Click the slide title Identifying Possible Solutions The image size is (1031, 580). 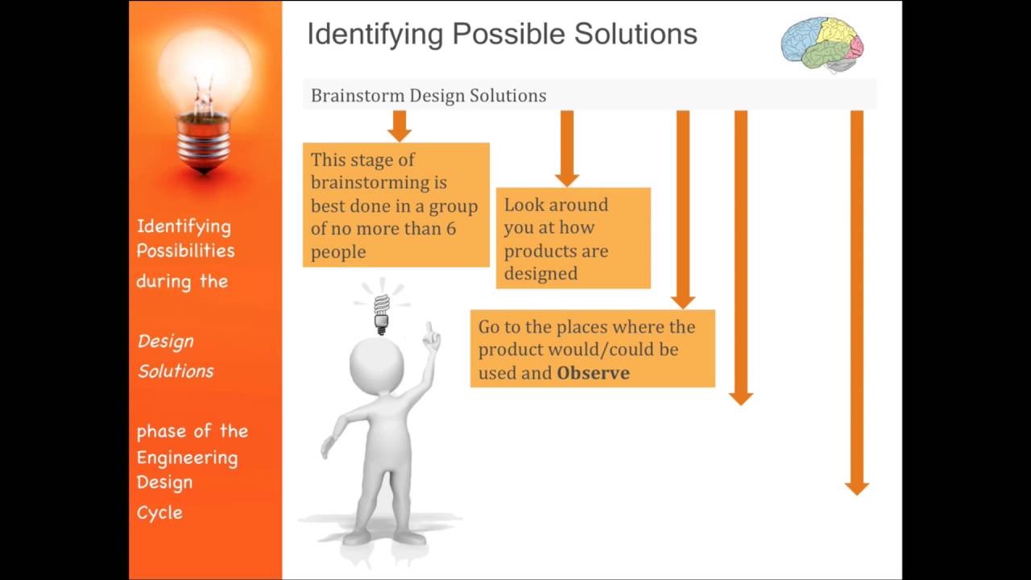point(502,35)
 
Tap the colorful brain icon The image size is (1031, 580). point(822,44)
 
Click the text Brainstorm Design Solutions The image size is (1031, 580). point(429,96)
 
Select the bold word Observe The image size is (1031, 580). point(593,373)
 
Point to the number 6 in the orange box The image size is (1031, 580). point(450,229)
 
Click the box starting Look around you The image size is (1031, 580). point(573,238)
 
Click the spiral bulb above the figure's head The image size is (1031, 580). point(382,312)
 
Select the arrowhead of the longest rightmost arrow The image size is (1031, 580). point(856,487)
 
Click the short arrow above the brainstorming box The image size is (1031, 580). point(399,125)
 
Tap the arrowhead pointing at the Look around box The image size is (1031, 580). point(567,178)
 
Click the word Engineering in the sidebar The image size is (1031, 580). point(187,458)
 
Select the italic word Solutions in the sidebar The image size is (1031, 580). point(176,371)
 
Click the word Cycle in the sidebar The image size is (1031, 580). point(159,512)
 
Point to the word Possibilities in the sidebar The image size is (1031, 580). point(185,251)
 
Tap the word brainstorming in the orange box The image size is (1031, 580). point(379,183)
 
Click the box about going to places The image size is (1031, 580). point(592,350)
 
